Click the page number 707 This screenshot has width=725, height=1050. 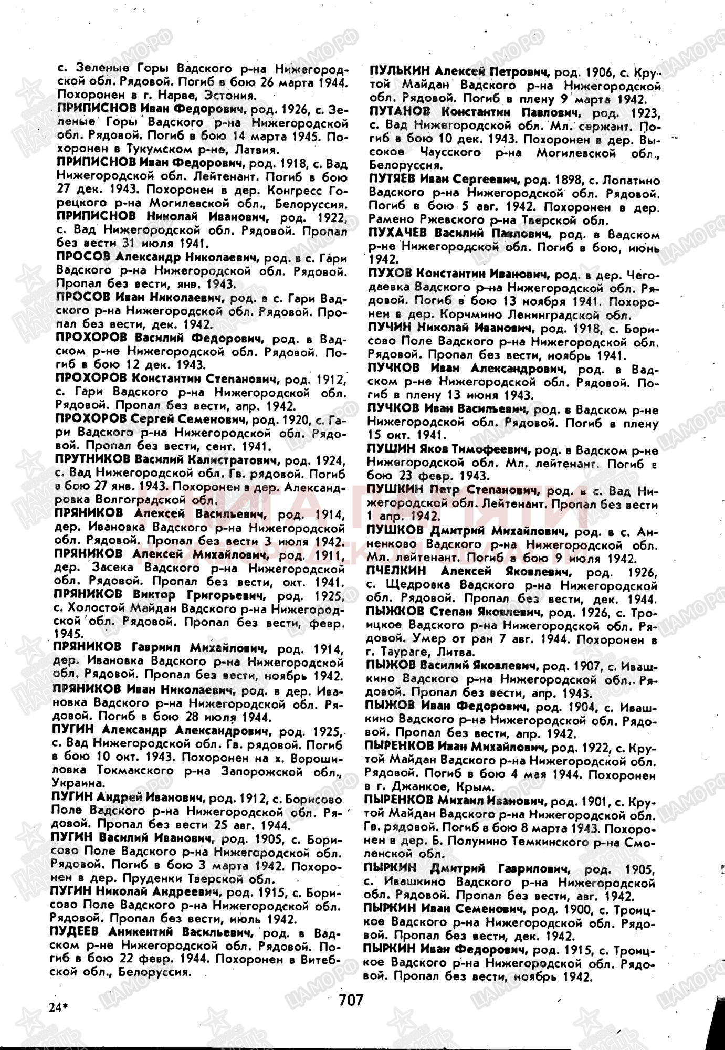click(x=351, y=1000)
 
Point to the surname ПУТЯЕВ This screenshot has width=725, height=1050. click(x=392, y=181)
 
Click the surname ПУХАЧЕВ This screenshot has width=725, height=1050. click(x=397, y=234)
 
